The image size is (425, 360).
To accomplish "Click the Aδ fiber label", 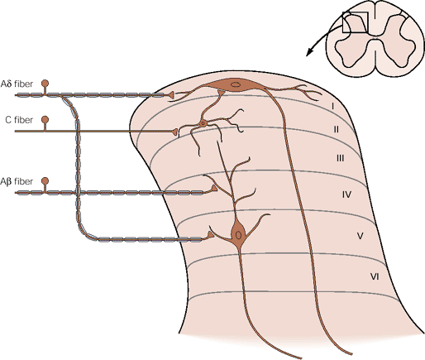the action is (x=17, y=84).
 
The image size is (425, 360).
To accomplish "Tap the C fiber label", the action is (x=19, y=120).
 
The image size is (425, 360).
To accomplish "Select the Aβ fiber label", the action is (x=17, y=181).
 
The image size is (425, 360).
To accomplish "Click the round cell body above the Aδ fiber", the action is (x=45, y=84).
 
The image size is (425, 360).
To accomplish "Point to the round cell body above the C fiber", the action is (x=45, y=119).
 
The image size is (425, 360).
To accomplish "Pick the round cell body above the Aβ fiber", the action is (x=45, y=181).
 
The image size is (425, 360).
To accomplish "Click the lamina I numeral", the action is (x=333, y=106).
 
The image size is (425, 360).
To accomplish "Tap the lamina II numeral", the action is (x=337, y=129).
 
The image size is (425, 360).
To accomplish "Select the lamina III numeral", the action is (x=340, y=158).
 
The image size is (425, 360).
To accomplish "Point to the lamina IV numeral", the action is (x=346, y=194).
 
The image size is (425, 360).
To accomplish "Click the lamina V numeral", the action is (x=360, y=236).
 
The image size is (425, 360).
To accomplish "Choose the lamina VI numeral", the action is (x=375, y=276).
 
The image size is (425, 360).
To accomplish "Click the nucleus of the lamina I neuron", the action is (x=235, y=84).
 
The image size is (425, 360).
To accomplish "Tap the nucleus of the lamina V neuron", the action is (x=238, y=235).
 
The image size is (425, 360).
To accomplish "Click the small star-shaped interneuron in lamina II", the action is (x=203, y=123).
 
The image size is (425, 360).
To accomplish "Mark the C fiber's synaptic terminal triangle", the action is (x=174, y=132).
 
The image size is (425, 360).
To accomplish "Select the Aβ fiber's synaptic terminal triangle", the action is (x=214, y=189).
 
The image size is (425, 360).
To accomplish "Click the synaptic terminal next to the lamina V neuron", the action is (x=211, y=235).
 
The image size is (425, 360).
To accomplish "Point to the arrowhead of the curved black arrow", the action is (x=309, y=52).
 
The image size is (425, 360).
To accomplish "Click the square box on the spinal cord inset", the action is (x=356, y=22).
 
